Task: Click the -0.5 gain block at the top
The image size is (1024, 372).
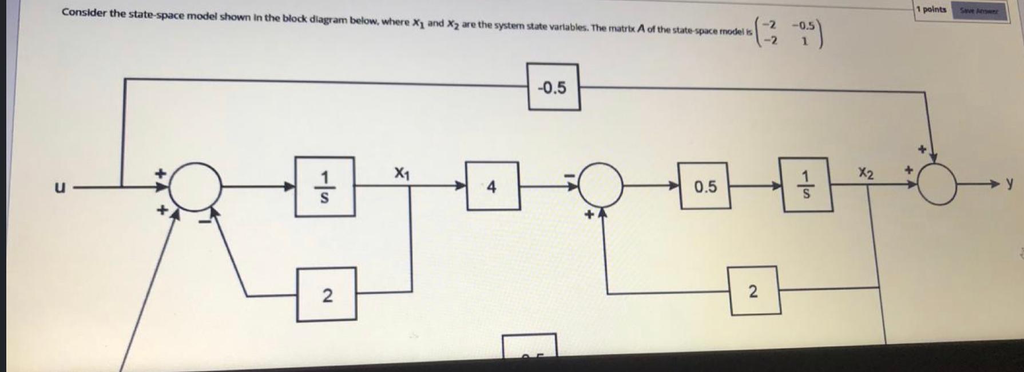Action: [553, 87]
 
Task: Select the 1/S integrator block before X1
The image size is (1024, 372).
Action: [324, 187]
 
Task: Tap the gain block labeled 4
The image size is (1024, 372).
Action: [492, 186]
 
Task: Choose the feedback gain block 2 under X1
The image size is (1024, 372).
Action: [326, 295]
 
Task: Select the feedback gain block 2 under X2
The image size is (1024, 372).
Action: [754, 291]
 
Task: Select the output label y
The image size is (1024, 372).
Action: [1010, 183]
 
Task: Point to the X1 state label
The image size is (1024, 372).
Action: [402, 171]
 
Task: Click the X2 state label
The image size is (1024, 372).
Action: [866, 173]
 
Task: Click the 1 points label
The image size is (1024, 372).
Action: [931, 9]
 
